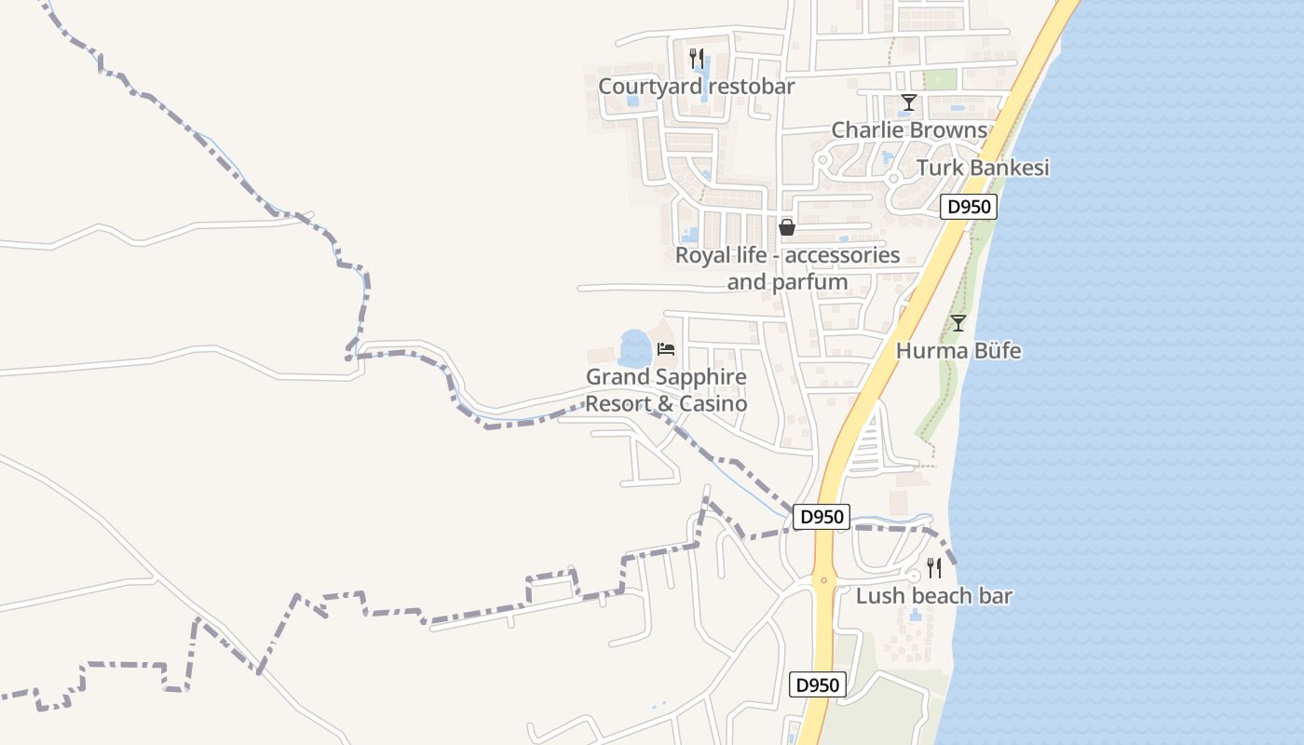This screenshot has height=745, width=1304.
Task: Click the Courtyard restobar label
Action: tap(696, 87)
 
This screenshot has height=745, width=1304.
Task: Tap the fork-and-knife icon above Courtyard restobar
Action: tap(696, 58)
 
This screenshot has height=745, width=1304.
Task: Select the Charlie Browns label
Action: tap(908, 130)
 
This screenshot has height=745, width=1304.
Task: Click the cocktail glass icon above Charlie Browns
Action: tap(908, 102)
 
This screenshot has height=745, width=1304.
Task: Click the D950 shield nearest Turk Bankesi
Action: tap(969, 207)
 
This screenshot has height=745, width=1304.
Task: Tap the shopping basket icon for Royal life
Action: tap(787, 227)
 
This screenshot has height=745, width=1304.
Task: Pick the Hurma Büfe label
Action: tap(958, 351)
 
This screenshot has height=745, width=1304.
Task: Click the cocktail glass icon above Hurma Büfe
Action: tap(958, 323)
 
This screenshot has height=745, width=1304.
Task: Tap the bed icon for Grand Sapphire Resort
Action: tap(665, 349)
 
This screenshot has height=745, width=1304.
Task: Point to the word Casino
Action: tap(713, 404)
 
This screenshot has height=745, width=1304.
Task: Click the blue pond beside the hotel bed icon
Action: tap(634, 348)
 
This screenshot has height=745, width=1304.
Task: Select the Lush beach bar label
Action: tap(933, 596)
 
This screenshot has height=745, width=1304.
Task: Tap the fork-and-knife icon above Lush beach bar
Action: tap(933, 568)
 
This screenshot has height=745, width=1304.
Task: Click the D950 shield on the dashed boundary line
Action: tap(822, 517)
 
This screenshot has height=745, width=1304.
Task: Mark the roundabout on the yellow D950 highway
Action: tap(822, 580)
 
